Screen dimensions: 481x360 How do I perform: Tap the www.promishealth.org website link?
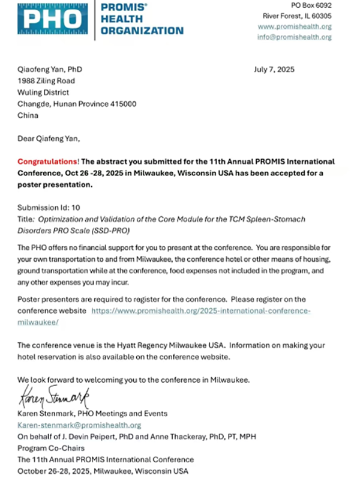point(295,26)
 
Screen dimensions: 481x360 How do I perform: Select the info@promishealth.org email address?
point(295,37)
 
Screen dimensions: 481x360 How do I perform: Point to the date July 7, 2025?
point(275,70)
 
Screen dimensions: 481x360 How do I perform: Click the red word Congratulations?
point(47,162)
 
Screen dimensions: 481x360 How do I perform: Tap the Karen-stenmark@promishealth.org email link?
point(79,425)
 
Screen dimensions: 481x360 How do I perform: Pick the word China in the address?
point(28,115)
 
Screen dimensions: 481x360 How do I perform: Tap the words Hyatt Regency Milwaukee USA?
point(157,345)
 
